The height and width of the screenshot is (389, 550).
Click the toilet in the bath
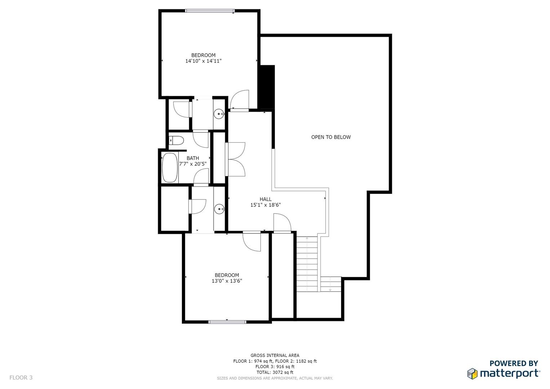click(176, 141)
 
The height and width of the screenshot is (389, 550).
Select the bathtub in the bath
click(170, 168)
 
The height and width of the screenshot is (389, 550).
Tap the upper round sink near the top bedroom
click(219, 114)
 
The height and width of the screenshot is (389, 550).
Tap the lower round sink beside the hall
click(219, 209)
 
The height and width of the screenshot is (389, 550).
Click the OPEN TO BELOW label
click(331, 137)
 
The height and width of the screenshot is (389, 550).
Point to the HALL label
click(266, 200)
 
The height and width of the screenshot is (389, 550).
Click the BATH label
click(193, 158)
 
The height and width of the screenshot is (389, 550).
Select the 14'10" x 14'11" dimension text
click(203, 61)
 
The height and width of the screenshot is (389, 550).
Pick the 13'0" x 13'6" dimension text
click(227, 281)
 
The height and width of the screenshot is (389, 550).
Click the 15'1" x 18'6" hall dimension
click(265, 205)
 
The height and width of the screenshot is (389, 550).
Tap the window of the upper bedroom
click(210, 11)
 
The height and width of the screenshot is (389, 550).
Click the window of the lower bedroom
click(227, 322)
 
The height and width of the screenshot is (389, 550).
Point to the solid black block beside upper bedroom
click(267, 87)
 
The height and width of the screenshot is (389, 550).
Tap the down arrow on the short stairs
click(330, 285)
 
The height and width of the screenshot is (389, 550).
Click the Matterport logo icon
click(472, 374)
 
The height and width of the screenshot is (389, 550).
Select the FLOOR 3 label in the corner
click(21, 378)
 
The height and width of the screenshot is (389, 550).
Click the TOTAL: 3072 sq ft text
click(275, 372)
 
